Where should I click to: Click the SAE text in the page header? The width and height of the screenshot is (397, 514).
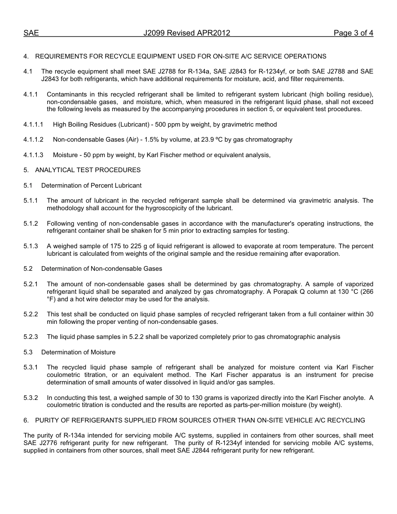(x=31, y=33)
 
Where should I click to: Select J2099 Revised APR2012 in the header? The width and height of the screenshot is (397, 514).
(x=187, y=33)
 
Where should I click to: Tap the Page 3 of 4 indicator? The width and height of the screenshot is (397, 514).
(x=353, y=33)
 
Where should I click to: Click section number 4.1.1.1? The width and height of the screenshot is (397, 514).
(x=33, y=125)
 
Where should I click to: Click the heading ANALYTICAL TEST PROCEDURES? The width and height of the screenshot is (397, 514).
(x=88, y=170)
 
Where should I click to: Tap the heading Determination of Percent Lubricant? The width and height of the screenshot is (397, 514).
(x=91, y=185)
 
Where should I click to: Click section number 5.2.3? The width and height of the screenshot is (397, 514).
(x=31, y=337)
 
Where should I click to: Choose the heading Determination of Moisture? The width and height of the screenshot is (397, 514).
(x=78, y=352)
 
